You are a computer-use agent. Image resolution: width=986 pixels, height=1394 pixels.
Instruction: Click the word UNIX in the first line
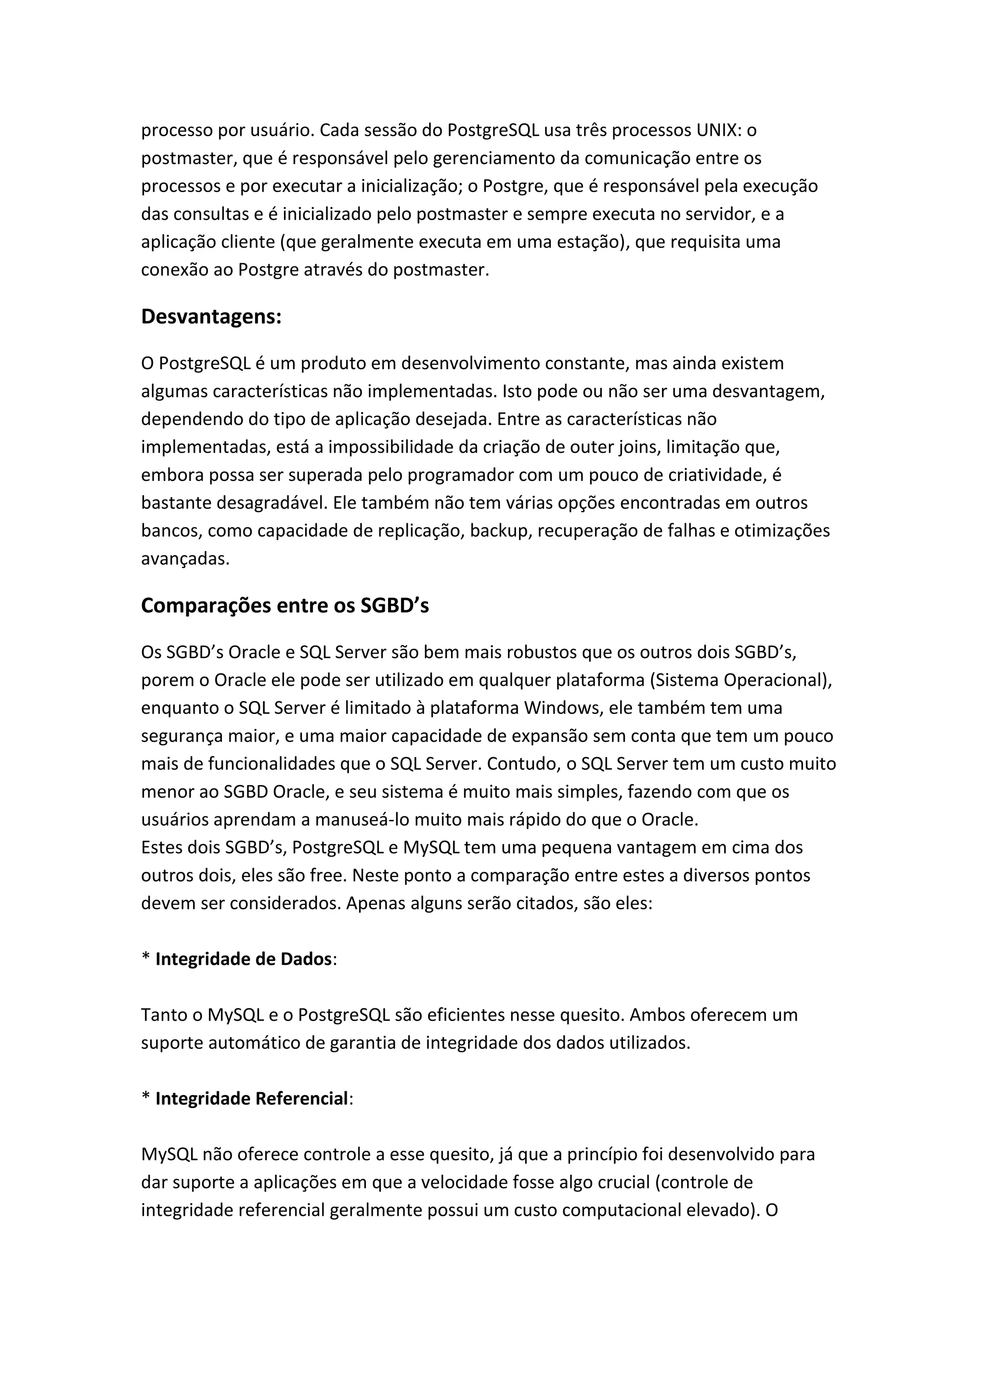click(719, 130)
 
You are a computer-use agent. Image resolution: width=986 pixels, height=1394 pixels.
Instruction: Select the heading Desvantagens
click(211, 316)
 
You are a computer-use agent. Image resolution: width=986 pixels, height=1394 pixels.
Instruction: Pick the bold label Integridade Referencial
click(251, 1098)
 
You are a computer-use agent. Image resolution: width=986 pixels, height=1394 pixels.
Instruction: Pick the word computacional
click(609, 1210)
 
